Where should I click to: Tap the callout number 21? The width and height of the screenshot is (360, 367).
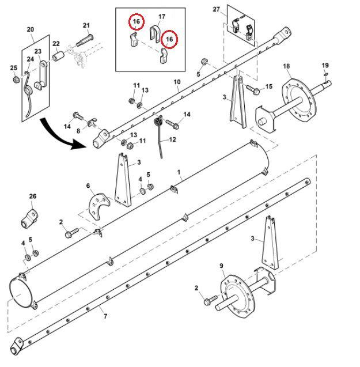click(x=86, y=25)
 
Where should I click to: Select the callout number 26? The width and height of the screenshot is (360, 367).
click(x=33, y=196)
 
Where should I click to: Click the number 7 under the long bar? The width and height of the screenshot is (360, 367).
click(x=105, y=316)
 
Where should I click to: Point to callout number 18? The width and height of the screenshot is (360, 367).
click(x=286, y=66)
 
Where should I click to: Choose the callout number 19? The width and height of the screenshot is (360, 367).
click(x=325, y=65)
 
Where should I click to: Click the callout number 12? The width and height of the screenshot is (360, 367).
click(x=172, y=139)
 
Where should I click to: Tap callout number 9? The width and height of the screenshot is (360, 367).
click(x=221, y=266)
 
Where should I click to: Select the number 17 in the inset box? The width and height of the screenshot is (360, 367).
click(x=162, y=17)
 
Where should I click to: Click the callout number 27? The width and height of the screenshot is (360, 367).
click(x=216, y=9)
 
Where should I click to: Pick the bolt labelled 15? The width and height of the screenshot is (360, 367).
click(x=252, y=89)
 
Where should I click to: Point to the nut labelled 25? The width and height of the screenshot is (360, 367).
click(x=16, y=80)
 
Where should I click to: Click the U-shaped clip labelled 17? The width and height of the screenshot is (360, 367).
click(x=154, y=34)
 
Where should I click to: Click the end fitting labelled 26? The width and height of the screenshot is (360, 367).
click(x=29, y=218)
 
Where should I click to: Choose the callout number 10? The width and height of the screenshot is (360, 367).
click(x=177, y=82)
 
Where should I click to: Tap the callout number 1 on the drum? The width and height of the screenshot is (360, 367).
click(x=179, y=172)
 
